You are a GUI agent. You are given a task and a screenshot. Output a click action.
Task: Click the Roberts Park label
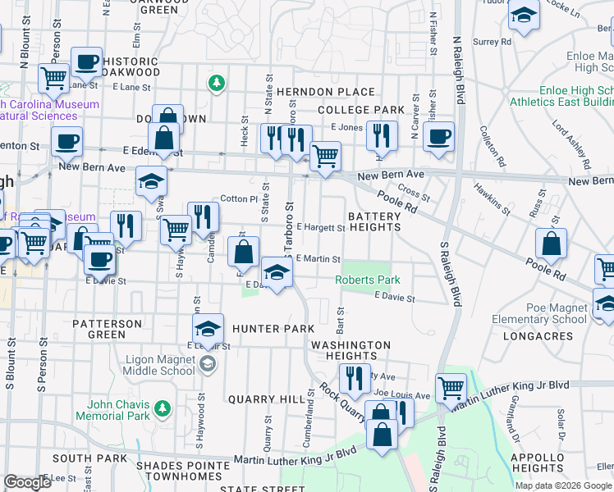(x=368, y=280)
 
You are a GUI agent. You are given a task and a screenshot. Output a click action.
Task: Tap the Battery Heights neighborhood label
(x=374, y=222)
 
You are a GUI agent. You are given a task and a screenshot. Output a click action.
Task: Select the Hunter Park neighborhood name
(x=273, y=329)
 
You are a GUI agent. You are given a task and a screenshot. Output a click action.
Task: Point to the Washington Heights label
(x=351, y=350)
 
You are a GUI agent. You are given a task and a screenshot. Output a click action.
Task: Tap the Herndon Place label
(x=314, y=92)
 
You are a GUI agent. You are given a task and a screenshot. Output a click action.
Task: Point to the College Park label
(x=360, y=110)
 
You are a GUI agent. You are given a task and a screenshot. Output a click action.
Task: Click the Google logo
(x=27, y=482)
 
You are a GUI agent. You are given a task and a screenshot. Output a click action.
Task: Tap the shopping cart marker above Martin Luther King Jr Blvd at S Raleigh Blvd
(x=451, y=388)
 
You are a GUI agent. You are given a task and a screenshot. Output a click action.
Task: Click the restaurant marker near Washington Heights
(x=354, y=378)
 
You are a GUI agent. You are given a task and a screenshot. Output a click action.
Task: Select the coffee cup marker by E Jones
(x=438, y=136)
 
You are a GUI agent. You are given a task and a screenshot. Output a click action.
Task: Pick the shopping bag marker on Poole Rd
(x=551, y=243)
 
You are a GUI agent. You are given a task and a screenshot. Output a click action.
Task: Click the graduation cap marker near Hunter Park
(x=208, y=329)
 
